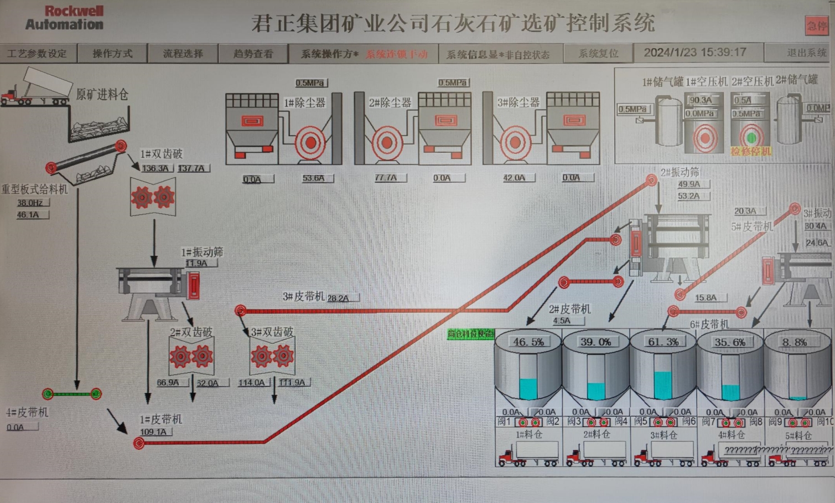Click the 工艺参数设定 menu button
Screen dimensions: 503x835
tap(37, 54)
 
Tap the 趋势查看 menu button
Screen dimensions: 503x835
tap(253, 54)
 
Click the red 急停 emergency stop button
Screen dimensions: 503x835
tap(816, 25)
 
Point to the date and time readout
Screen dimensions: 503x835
tap(695, 53)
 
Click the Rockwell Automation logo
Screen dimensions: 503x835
tap(64, 18)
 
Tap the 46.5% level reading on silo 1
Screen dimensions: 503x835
tap(528, 342)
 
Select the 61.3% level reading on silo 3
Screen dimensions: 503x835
tap(663, 342)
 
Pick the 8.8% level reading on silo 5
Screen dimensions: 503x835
tap(794, 342)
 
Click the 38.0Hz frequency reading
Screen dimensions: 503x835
tap(30, 203)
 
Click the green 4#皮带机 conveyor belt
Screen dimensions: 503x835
tap(72, 394)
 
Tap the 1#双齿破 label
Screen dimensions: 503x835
tap(161, 154)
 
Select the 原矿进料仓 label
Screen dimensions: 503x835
tap(102, 95)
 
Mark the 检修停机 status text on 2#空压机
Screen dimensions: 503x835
tap(751, 151)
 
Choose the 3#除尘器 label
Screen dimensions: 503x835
tap(518, 102)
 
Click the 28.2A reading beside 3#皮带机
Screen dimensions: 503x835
tap(338, 298)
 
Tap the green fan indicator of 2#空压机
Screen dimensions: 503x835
tap(751, 137)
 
